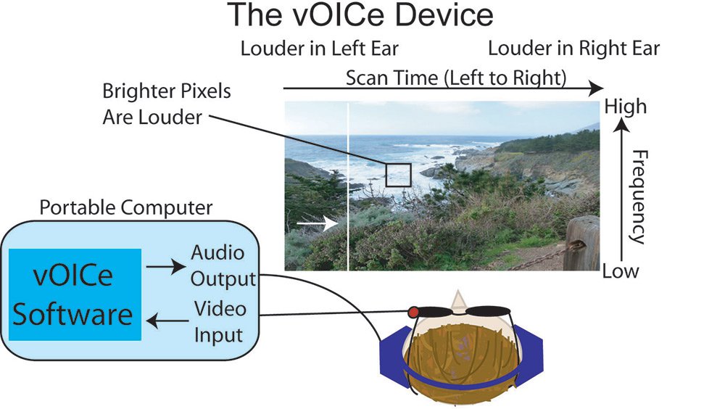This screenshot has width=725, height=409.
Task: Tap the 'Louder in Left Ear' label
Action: pos(319,49)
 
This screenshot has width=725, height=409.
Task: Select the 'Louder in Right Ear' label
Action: pos(573,49)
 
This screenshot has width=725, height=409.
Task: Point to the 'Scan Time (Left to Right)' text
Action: pos(455,77)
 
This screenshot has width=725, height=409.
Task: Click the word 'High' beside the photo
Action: pos(624,107)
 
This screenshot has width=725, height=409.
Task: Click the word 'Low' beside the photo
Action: pos(621,271)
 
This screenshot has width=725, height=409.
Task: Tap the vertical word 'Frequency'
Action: pos(637,197)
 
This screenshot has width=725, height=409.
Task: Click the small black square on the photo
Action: pos(398,175)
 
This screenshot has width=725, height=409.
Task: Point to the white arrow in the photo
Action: pos(318,224)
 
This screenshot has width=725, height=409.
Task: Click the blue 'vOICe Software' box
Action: pos(75,294)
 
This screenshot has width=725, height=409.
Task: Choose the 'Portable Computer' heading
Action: pos(125,208)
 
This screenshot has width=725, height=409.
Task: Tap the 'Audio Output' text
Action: pos(223,265)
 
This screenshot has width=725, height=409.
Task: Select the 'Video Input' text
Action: pos(219,322)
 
